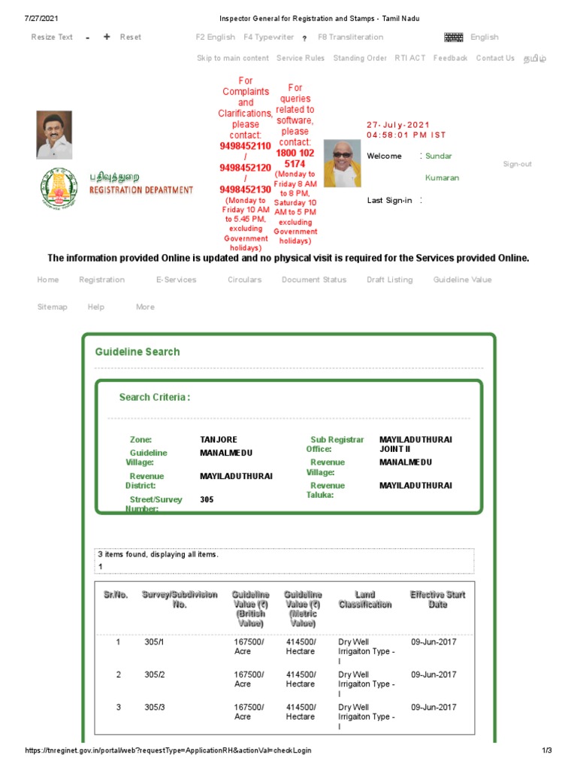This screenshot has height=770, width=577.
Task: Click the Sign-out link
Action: (517, 164)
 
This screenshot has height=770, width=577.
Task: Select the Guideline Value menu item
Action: (462, 280)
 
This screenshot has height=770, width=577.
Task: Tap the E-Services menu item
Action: (176, 280)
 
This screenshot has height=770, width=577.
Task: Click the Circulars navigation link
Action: (244, 280)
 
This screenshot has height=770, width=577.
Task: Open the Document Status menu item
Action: (314, 280)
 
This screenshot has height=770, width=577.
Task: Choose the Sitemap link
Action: (53, 307)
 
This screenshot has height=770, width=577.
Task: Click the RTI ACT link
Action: (409, 58)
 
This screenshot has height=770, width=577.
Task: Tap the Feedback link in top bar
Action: (450, 58)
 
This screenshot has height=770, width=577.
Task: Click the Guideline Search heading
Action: (137, 352)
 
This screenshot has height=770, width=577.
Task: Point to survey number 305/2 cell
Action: (154, 675)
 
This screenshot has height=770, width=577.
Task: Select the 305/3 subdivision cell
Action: (154, 708)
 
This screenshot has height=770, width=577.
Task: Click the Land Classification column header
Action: (364, 599)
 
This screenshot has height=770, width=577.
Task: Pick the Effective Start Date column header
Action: (437, 599)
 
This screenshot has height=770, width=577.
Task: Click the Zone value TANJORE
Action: (219, 439)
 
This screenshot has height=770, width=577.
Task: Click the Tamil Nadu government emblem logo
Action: (57, 189)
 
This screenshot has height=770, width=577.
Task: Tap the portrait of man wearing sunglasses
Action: (342, 163)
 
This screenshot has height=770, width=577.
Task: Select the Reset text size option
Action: (131, 37)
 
